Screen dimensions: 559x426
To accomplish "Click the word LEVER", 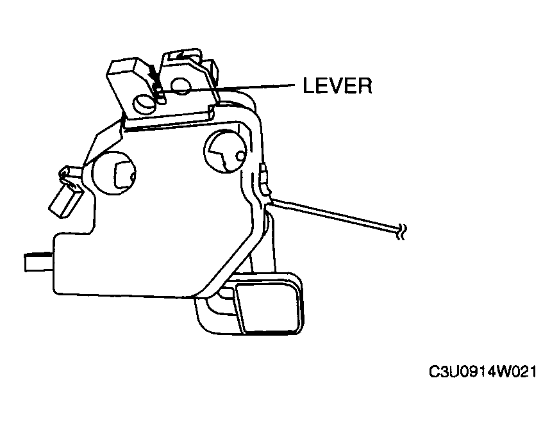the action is (x=337, y=85).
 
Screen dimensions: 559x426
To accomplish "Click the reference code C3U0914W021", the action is (x=482, y=372).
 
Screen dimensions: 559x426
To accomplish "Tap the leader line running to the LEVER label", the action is (x=228, y=88).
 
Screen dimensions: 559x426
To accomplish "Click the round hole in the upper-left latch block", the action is (x=144, y=104).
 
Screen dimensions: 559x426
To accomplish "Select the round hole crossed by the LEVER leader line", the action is (x=181, y=85).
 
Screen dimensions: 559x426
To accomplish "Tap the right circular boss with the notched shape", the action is (x=225, y=151).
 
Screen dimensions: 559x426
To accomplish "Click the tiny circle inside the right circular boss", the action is (x=241, y=156).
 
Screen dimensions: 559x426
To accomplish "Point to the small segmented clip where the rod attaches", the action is (x=265, y=181).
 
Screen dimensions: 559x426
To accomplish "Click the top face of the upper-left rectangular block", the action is (x=122, y=65).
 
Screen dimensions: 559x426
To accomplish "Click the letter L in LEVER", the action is (x=309, y=85).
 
